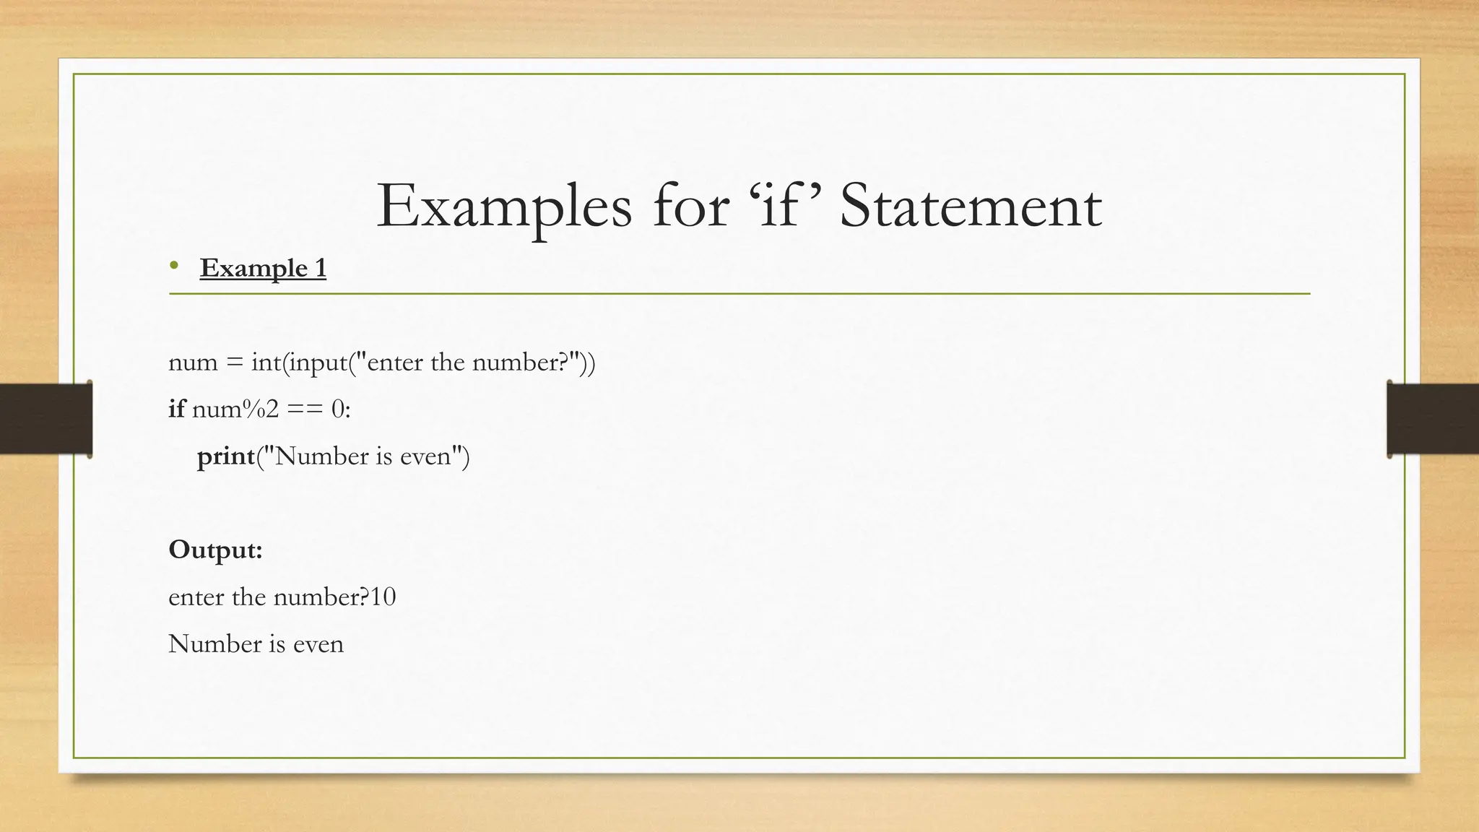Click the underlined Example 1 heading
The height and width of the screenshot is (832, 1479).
pyautogui.click(x=263, y=268)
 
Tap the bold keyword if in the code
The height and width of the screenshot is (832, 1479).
pyautogui.click(x=177, y=409)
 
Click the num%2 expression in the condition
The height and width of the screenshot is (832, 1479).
pyautogui.click(x=235, y=409)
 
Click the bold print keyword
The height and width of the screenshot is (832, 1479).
pyautogui.click(x=226, y=456)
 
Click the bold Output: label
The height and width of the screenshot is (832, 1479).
pyautogui.click(x=215, y=550)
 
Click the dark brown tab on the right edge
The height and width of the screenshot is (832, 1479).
pyautogui.click(x=1433, y=419)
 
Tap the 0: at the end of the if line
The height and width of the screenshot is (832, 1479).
pyautogui.click(x=341, y=409)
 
